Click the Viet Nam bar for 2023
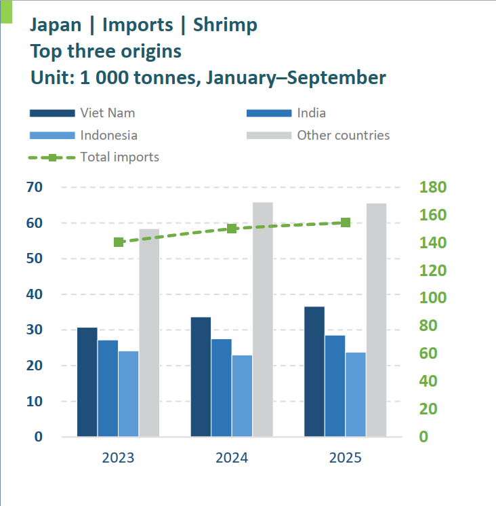coord(87,382)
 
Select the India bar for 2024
coord(221,387)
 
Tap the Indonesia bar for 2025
coord(355,394)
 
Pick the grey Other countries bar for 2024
coord(263,319)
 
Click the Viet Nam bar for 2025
coord(314,372)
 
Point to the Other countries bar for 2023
coord(149,332)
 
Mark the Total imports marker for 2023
coord(119,242)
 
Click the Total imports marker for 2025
coord(346,222)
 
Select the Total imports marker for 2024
coord(232,229)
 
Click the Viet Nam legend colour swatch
coord(51,113)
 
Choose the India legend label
coord(311,113)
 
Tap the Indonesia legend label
coord(108,135)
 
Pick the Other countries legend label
coord(343,135)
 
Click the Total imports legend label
coord(119,157)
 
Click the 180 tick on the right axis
coord(432,187)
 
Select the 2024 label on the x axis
coord(232,457)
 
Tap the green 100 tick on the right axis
coord(432,298)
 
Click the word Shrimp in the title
coord(225,25)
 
